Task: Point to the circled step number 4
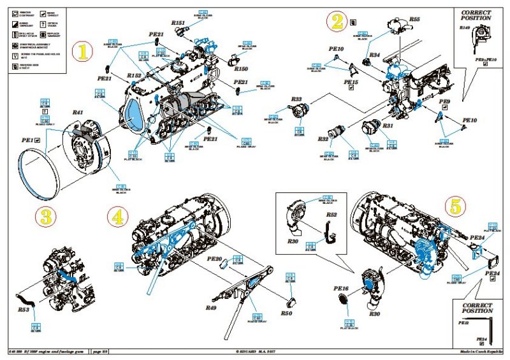click(117, 217)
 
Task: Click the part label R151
click(179, 22)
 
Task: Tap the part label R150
click(240, 69)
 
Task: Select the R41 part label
click(78, 113)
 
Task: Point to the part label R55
click(414, 20)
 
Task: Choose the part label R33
click(296, 99)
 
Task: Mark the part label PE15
click(351, 82)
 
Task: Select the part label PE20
click(215, 259)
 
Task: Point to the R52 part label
click(331, 215)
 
